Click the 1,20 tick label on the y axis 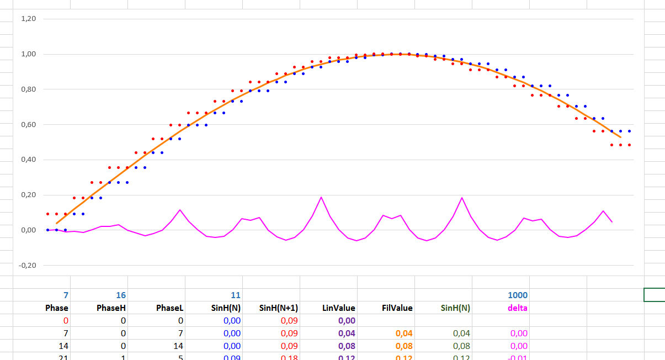(x=28, y=19)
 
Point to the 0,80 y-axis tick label (x=28, y=89)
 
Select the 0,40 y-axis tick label (x=28, y=160)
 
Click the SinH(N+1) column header (x=279, y=308)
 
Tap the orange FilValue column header (x=397, y=308)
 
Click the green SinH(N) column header (x=455, y=308)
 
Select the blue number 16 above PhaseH (x=121, y=295)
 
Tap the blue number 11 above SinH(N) (x=236, y=295)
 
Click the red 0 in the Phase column (x=66, y=321)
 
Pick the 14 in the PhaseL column (x=178, y=346)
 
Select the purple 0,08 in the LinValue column (x=347, y=346)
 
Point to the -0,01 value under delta (x=518, y=358)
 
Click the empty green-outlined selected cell (x=655, y=295)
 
